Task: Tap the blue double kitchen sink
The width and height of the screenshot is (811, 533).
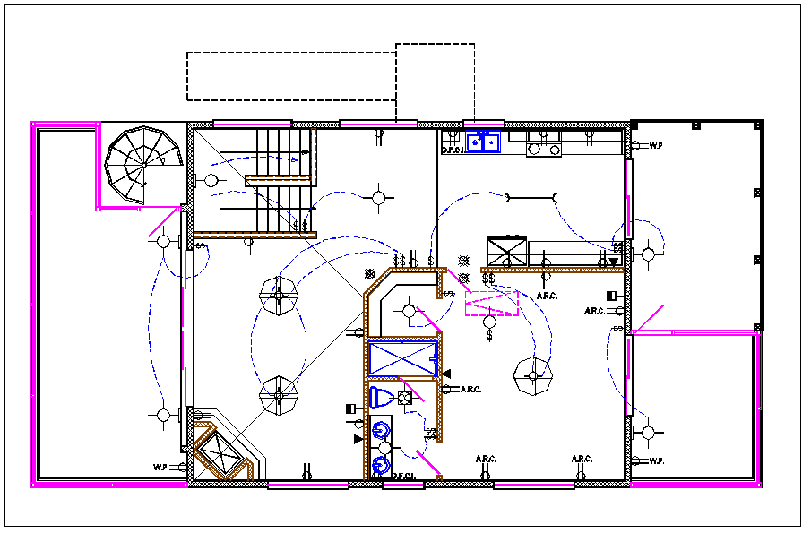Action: [482, 142]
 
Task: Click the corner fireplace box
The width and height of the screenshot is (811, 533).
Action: [219, 450]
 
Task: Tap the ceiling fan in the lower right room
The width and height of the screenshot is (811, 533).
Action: [532, 376]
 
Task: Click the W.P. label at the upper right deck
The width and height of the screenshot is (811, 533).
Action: [656, 144]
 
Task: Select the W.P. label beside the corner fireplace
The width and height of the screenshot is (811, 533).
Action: [160, 466]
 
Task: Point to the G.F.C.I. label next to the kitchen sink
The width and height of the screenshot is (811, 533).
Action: [451, 150]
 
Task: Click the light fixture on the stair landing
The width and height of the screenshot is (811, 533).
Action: [211, 180]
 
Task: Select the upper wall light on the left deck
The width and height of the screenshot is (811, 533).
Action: [164, 241]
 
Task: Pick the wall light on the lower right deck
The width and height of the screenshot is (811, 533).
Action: [647, 434]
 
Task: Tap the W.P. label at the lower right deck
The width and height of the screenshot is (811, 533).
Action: [656, 461]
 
